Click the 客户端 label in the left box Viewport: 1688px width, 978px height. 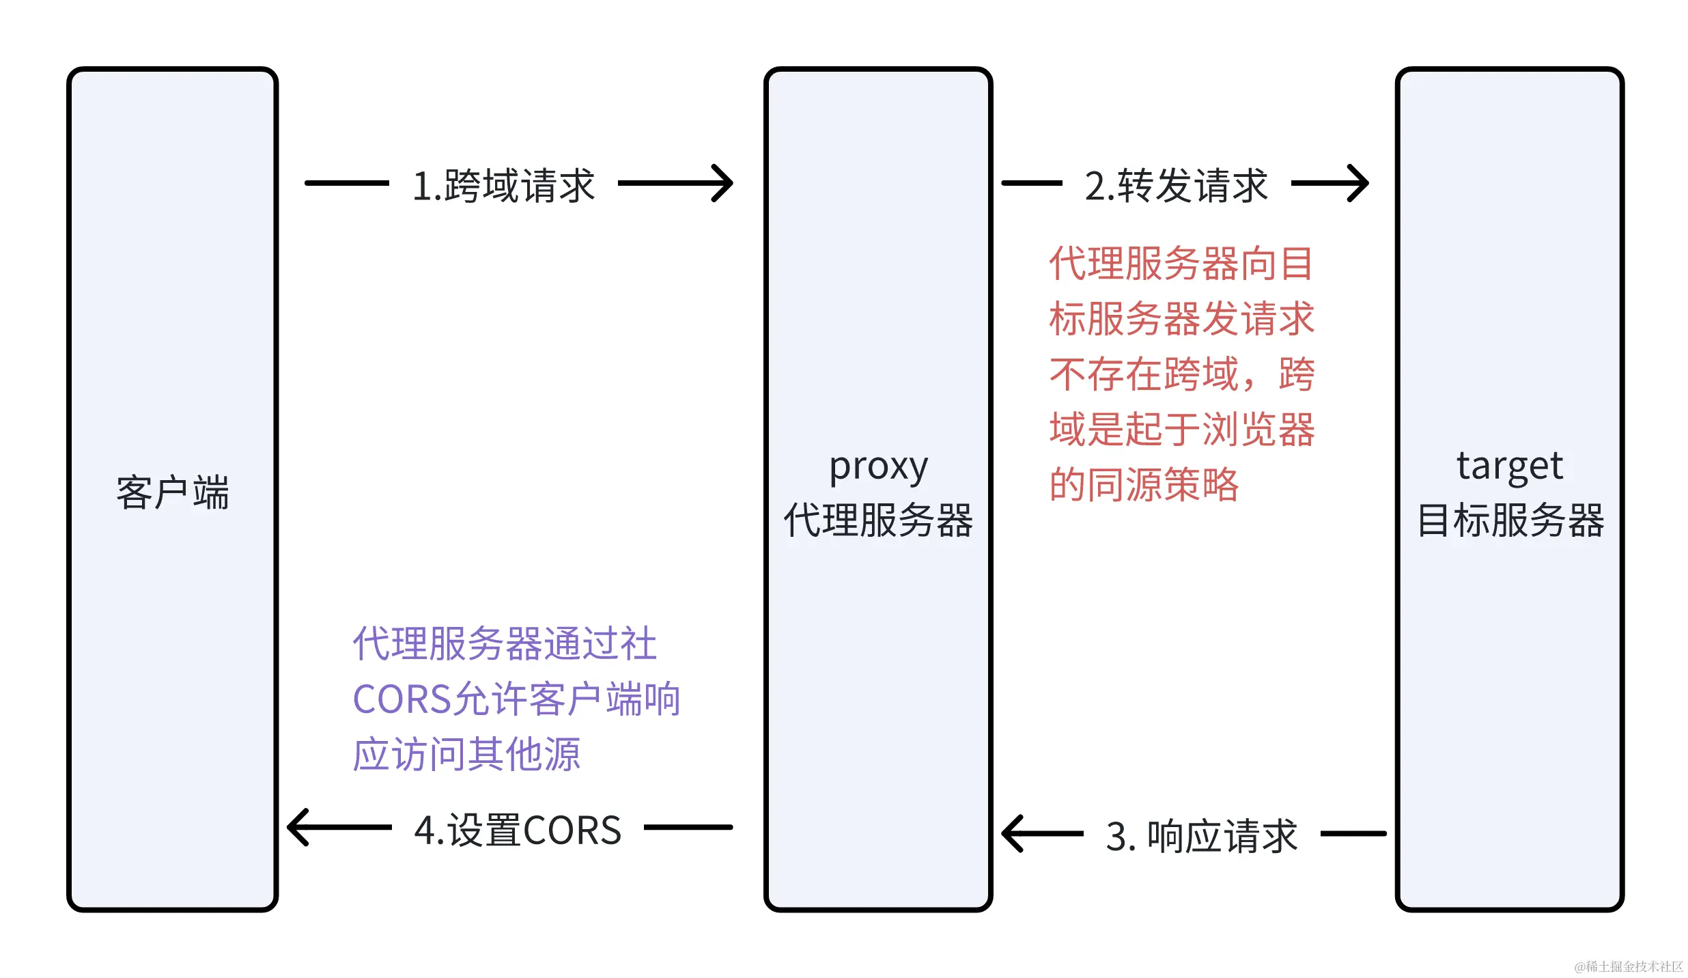[x=172, y=492]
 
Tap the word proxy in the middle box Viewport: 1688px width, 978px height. [x=878, y=468]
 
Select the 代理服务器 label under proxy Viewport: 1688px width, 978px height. [x=878, y=520]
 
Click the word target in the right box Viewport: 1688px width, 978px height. [x=1510, y=466]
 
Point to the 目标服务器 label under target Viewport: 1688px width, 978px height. [x=1510, y=520]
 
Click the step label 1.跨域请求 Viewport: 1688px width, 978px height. [x=503, y=185]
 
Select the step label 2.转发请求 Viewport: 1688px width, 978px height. [x=1176, y=185]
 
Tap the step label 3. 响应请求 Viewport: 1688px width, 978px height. [x=1201, y=835]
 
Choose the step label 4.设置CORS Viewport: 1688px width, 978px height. [x=518, y=830]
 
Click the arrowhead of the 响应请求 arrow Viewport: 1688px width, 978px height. [x=1012, y=833]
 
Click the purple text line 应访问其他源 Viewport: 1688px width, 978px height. [x=466, y=755]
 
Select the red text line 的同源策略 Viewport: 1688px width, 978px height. [x=1144, y=485]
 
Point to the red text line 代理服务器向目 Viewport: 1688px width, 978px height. [x=1181, y=264]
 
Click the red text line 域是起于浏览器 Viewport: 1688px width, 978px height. [x=1181, y=430]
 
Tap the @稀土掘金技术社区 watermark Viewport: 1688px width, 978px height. [x=1628, y=966]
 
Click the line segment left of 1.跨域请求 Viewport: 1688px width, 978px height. [x=347, y=183]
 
